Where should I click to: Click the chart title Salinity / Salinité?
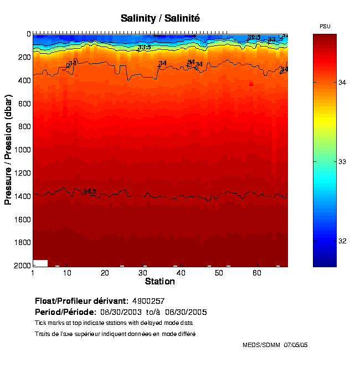[x=160, y=19]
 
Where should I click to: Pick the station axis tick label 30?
[x=142, y=273]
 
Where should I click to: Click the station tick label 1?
[x=33, y=273]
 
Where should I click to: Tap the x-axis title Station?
[x=160, y=282]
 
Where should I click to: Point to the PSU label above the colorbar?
[x=325, y=27]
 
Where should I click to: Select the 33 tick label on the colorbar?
[x=342, y=161]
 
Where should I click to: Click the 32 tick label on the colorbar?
[x=342, y=241]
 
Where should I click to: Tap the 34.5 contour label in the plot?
[x=89, y=191]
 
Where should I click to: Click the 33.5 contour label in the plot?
[x=144, y=48]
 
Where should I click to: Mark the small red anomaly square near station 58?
[x=251, y=84]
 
